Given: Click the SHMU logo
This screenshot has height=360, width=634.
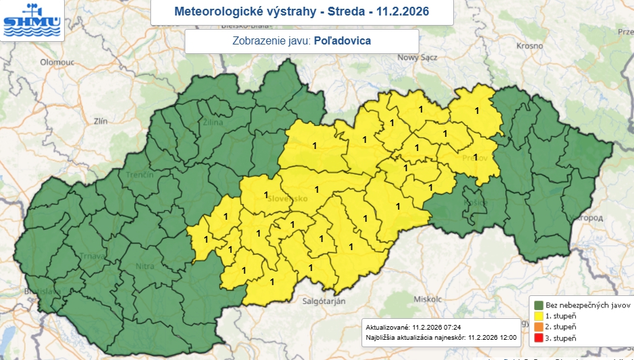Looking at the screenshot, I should [32, 20].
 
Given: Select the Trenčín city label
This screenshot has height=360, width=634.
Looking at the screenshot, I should [140, 175].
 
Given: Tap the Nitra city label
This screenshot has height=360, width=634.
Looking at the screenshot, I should [146, 266].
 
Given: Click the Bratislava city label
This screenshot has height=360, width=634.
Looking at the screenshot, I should [41, 292].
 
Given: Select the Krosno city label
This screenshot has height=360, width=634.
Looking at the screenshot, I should [529, 45].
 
